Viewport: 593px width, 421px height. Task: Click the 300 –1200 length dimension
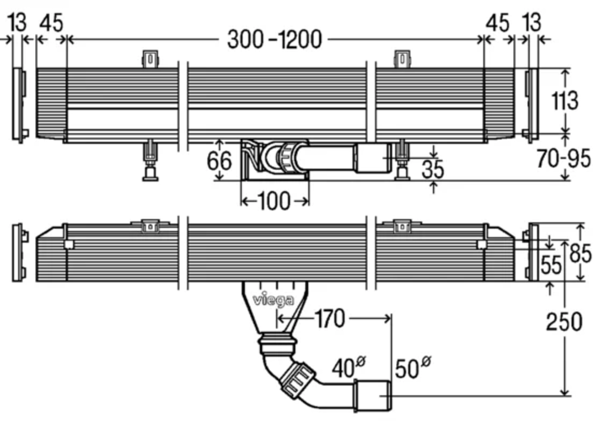tap(275, 39)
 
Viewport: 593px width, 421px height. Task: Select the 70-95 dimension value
tap(564, 158)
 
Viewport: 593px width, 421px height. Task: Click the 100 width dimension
tap(275, 202)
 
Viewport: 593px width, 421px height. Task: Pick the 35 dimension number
tap(433, 169)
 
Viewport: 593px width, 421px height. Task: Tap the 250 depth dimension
tap(565, 322)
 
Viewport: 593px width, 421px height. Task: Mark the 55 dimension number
tap(551, 265)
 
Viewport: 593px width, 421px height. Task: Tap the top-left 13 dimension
tap(17, 23)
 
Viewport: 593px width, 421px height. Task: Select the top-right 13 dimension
tap(531, 23)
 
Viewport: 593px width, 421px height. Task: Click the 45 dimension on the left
tap(51, 23)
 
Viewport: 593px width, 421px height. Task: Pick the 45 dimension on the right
tap(497, 23)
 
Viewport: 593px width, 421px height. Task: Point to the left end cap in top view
tap(20, 105)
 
